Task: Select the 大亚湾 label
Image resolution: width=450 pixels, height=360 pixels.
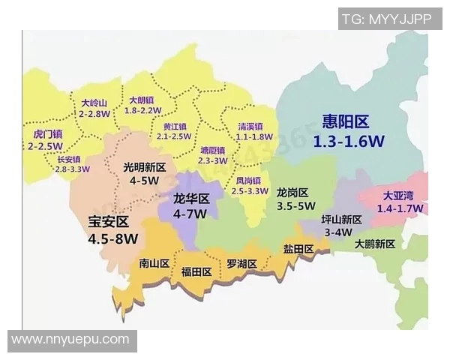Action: [x=398, y=196]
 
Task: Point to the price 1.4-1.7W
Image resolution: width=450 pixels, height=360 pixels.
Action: [x=400, y=208]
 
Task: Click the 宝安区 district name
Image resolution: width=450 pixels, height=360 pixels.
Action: [x=109, y=223]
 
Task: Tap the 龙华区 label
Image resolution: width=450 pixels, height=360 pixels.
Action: [x=190, y=200]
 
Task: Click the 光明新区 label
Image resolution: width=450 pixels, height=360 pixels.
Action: [x=145, y=168]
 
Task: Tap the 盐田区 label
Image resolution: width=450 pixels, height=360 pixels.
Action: [x=298, y=249]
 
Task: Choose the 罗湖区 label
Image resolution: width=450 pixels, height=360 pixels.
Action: [x=241, y=264]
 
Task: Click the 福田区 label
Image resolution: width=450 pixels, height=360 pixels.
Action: [x=196, y=272]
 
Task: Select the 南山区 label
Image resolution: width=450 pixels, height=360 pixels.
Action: [x=154, y=263]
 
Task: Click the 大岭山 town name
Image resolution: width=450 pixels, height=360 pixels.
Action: [x=94, y=103]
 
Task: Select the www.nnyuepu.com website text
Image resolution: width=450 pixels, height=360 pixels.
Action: [x=70, y=340]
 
